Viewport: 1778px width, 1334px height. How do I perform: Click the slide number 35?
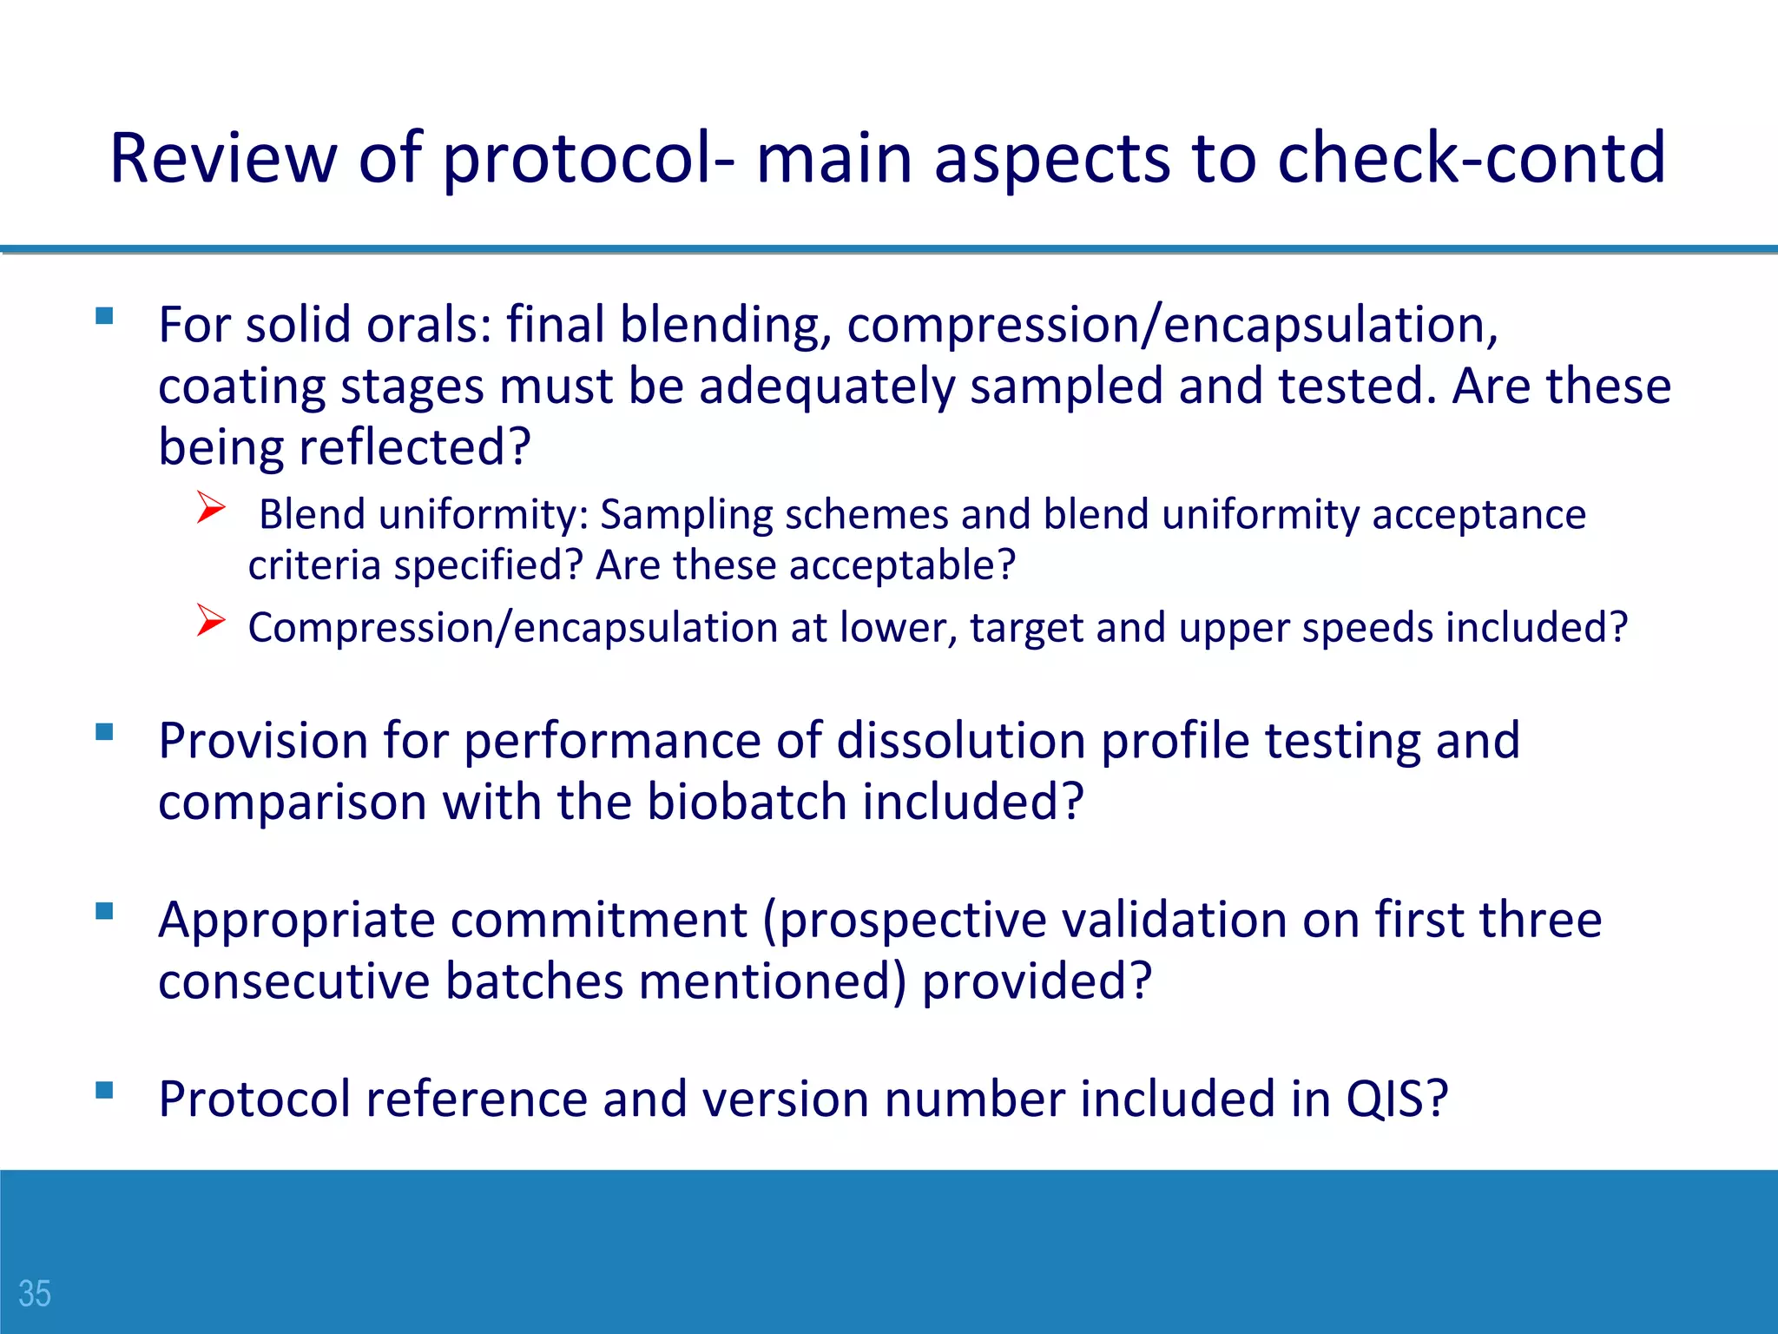(x=35, y=1293)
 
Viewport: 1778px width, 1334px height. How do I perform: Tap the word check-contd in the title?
(x=1472, y=158)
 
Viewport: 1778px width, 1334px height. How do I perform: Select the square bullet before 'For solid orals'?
(x=105, y=316)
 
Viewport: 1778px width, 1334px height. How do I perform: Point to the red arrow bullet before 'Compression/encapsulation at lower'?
(x=211, y=620)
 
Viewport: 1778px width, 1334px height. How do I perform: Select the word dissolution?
(x=961, y=741)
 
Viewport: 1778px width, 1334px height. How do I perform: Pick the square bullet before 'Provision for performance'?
(x=105, y=732)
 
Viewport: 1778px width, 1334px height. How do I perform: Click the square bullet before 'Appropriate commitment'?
(x=105, y=911)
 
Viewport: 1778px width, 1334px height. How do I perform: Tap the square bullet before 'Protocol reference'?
(x=105, y=1090)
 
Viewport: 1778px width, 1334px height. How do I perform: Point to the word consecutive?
(x=294, y=981)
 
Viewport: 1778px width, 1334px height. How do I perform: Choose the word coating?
(x=240, y=386)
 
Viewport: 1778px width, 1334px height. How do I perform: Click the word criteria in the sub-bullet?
(x=314, y=565)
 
